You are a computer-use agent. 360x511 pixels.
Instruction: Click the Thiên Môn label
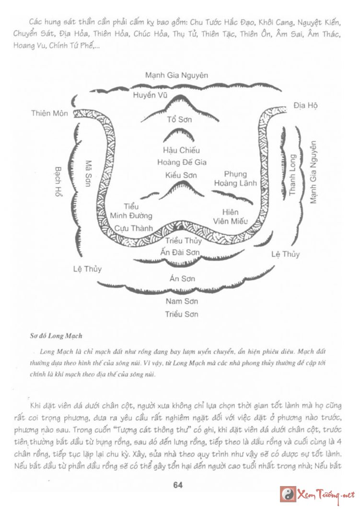pyautogui.click(x=50, y=114)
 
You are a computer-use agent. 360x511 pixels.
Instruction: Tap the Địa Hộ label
pyautogui.click(x=306, y=105)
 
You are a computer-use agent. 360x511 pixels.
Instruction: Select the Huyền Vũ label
pyautogui.click(x=150, y=95)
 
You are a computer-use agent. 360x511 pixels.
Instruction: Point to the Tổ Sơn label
pyautogui.click(x=179, y=119)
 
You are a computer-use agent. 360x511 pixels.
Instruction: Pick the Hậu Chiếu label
pyautogui.click(x=181, y=150)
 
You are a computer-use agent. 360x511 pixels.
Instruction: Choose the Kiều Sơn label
pyautogui.click(x=181, y=175)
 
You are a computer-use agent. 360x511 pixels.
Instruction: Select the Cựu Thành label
pyautogui.click(x=134, y=228)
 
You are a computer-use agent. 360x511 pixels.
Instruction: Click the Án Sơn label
pyautogui.click(x=182, y=278)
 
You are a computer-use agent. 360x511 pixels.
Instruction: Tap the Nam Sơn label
pyautogui.click(x=182, y=301)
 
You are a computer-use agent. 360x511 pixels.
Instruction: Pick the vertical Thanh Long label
pyautogui.click(x=292, y=174)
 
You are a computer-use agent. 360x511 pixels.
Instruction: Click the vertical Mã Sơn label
pyautogui.click(x=88, y=173)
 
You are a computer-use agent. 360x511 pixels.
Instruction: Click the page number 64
pyautogui.click(x=178, y=486)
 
